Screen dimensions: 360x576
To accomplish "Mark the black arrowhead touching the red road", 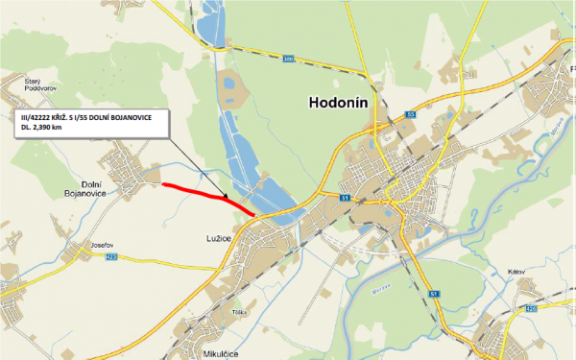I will [227, 199].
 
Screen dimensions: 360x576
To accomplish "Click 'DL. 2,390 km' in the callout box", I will [50, 128].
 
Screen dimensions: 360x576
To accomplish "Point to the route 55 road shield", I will [411, 114].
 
